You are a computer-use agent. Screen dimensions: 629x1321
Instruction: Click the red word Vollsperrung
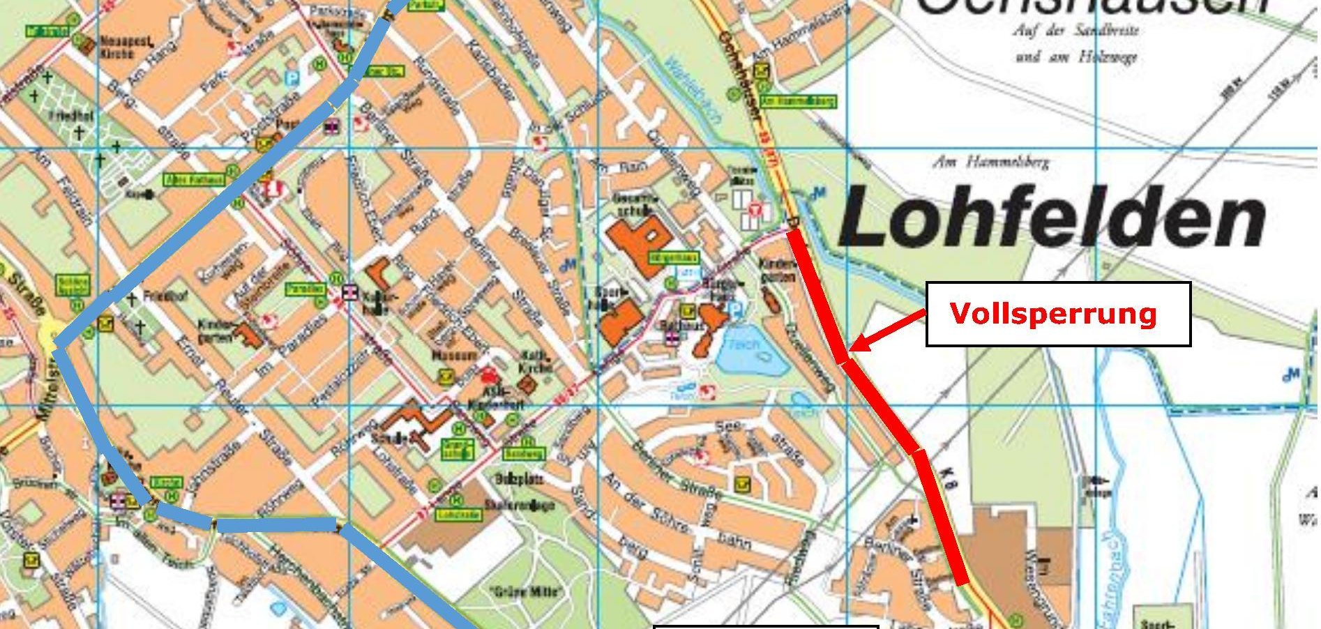tap(1053, 314)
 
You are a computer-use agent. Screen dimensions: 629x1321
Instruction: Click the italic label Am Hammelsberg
tap(990, 162)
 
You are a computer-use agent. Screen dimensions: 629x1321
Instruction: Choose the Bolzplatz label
tap(519, 480)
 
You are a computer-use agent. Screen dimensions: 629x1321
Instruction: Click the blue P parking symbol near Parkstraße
tap(294, 77)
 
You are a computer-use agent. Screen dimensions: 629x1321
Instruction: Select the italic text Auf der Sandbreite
tap(1075, 31)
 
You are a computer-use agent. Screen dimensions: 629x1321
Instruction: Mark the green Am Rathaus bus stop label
tap(195, 179)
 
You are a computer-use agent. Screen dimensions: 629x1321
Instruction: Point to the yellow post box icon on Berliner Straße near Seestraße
tap(743, 483)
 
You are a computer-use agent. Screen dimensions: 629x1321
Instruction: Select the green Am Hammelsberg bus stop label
tap(798, 101)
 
